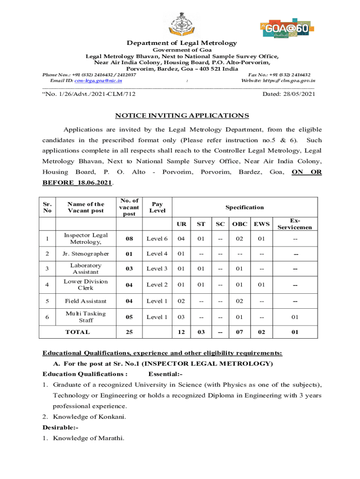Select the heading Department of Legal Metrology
click(x=182, y=43)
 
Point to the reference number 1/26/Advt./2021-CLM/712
click(x=92, y=94)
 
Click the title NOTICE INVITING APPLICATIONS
click(x=182, y=116)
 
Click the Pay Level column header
click(x=158, y=207)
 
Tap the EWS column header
click(x=261, y=224)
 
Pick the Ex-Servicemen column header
click(x=295, y=224)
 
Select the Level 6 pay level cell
click(x=157, y=239)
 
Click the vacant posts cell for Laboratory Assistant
click(x=129, y=269)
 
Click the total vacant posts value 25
click(x=129, y=333)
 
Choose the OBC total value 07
click(x=240, y=333)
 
